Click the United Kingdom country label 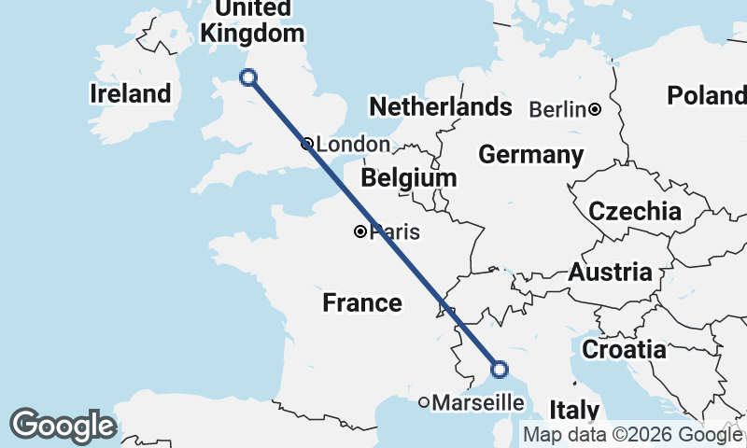252,21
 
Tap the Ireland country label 131,93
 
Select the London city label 353,145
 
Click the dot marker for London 307,144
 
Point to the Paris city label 394,232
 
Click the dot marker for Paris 360,231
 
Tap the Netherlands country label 441,107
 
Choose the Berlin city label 558,109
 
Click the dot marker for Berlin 596,109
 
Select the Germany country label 531,155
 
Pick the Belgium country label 409,177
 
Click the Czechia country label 635,211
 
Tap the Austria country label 610,273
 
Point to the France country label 362,302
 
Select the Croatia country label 625,350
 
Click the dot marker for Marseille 424,402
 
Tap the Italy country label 574,411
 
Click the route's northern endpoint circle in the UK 248,77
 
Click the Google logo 63,426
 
